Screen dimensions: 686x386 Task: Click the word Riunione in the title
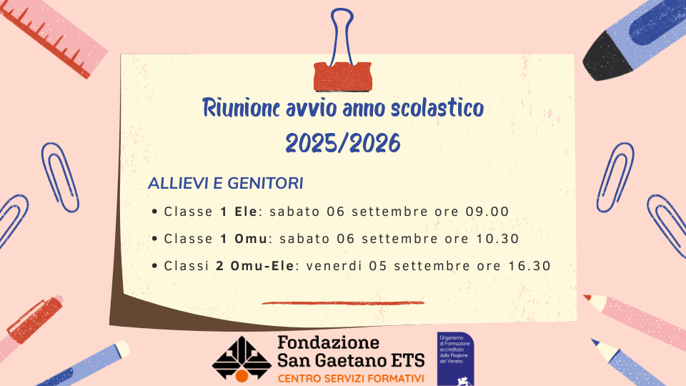tap(241, 108)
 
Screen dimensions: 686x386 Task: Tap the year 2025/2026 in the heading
tap(342, 143)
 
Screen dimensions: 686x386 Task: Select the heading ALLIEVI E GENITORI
tap(225, 184)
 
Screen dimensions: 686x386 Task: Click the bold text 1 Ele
tap(239, 212)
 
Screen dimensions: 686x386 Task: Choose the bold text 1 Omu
tap(244, 239)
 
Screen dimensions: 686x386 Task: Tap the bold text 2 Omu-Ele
tap(255, 266)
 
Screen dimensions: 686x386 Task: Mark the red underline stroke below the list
tap(343, 302)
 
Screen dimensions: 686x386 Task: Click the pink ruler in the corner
tap(53, 36)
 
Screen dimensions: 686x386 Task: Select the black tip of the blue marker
tap(607, 57)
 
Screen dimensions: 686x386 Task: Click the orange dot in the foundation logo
tap(242, 376)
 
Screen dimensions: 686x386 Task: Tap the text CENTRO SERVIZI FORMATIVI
tap(351, 378)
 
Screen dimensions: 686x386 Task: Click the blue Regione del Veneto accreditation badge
tap(455, 359)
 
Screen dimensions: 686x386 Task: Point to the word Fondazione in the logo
tap(328, 342)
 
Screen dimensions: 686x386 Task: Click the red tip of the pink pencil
tap(587, 297)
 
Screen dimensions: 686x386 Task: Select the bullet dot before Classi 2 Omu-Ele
tap(154, 266)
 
